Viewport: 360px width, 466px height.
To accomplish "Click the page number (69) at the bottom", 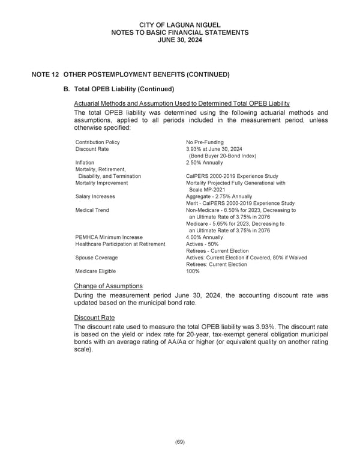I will (180, 442).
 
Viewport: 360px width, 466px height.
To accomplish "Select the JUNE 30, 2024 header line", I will (180, 40).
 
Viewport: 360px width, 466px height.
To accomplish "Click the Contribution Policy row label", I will (97, 142).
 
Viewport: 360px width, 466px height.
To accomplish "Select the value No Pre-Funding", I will (205, 142).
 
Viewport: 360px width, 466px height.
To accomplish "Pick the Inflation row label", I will (85, 163).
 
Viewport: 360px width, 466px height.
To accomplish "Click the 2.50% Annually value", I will (204, 163).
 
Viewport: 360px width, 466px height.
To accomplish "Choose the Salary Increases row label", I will (95, 196).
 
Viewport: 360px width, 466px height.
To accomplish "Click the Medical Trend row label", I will (92, 210).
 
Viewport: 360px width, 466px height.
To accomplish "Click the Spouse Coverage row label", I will (97, 258).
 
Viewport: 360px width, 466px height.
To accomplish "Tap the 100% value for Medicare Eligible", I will (193, 271).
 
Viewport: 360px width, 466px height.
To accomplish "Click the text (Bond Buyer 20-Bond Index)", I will (223, 156).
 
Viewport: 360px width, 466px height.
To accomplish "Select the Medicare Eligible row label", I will (96, 271).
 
